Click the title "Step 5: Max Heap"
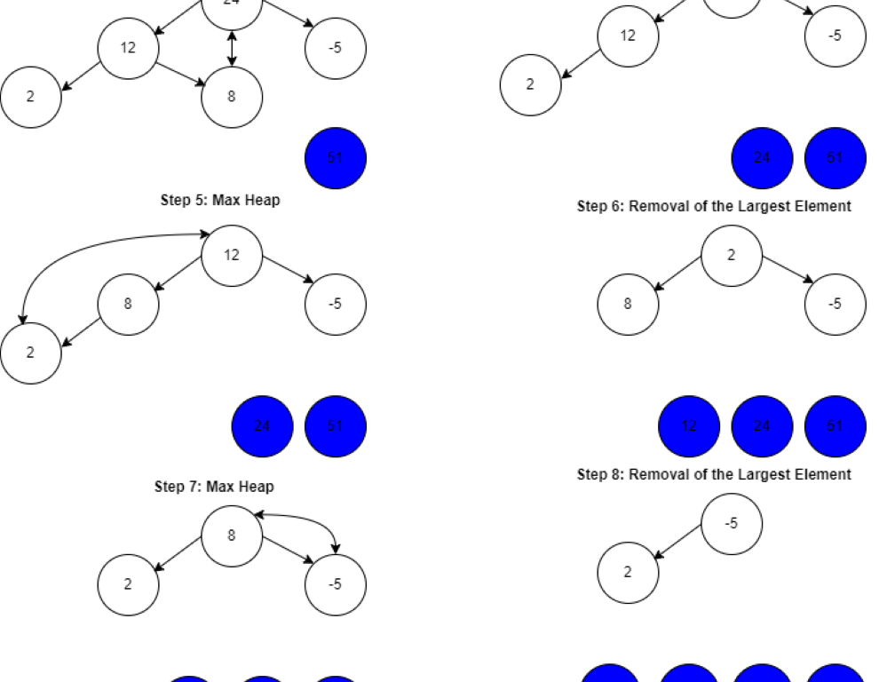coord(220,201)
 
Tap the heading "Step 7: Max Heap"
coord(214,487)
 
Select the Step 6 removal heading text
coord(714,207)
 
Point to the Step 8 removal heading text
coord(714,474)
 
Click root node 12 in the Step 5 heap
coord(232,256)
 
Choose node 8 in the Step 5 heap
coord(128,304)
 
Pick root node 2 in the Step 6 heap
coord(732,256)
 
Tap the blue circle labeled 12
coord(689,426)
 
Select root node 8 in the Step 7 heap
coord(232,535)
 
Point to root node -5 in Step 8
coord(732,524)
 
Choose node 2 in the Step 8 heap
coord(628,572)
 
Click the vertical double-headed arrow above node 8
coord(232,49)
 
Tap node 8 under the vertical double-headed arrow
coord(232,97)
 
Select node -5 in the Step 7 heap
coord(336,584)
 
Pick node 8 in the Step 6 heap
coord(628,304)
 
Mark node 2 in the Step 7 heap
coord(128,584)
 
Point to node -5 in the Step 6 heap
coord(835,304)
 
